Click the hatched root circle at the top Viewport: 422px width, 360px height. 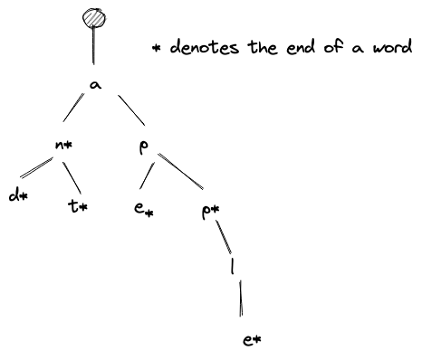click(93, 19)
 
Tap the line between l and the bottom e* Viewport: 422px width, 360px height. click(240, 298)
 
